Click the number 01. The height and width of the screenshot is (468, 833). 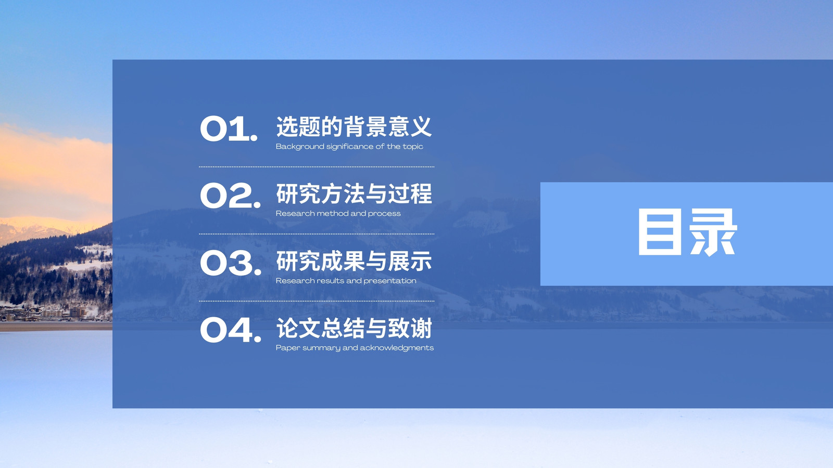(229, 128)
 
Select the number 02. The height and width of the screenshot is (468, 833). (230, 196)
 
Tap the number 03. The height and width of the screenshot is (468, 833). (231, 263)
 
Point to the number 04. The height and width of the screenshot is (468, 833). (231, 330)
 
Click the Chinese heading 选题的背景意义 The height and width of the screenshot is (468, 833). (354, 127)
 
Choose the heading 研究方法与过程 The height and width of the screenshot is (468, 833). (354, 193)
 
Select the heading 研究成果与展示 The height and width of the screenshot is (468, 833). (354, 261)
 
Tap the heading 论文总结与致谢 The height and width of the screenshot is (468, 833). (354, 328)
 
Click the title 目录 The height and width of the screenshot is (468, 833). (688, 232)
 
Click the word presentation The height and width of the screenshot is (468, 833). (390, 281)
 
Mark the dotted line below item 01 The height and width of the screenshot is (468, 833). (317, 167)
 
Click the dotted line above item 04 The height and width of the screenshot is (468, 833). (317, 301)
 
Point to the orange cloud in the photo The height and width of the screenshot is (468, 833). (52, 167)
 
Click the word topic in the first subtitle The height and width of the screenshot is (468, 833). (413, 147)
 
